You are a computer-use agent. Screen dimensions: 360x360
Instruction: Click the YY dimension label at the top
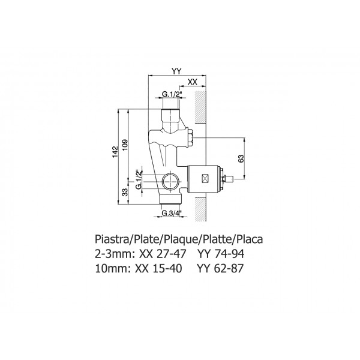pos(176,71)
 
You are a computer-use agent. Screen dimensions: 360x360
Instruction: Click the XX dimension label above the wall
pos(193,82)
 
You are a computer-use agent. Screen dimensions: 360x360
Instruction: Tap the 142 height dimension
pos(115,152)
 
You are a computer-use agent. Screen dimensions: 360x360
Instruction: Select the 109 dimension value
pos(125,145)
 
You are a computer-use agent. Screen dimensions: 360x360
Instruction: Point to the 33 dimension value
pos(125,192)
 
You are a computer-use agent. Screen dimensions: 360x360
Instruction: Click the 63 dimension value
pos(241,158)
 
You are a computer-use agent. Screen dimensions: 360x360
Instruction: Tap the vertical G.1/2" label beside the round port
pos(139,180)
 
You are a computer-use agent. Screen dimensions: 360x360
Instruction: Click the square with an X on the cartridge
pos(205,178)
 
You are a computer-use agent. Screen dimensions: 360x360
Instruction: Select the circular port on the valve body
pos(170,181)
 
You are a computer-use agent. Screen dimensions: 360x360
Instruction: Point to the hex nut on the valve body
pos(191,138)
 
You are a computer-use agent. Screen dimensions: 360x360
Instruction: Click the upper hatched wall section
pos(200,107)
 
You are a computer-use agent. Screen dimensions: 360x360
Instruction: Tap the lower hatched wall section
pos(200,209)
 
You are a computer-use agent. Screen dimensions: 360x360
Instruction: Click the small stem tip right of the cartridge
pos(230,178)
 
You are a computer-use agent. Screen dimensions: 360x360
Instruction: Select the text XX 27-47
pos(163,254)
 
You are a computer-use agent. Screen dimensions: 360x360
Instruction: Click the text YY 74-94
pos(221,254)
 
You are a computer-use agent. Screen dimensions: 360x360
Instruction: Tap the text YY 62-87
pos(220,268)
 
